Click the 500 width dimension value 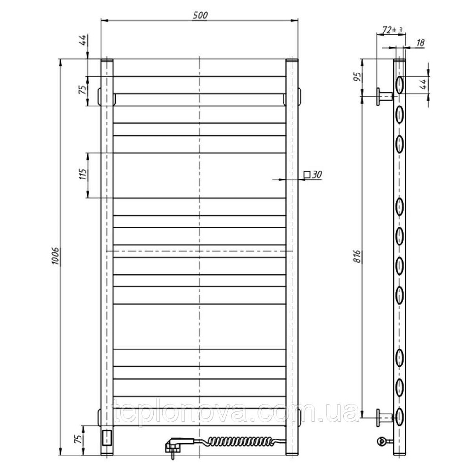200,15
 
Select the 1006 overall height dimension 56,256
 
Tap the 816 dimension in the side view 357,256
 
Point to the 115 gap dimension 82,174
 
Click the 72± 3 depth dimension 392,30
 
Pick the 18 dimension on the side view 420,43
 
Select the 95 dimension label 357,77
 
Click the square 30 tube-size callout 313,174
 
